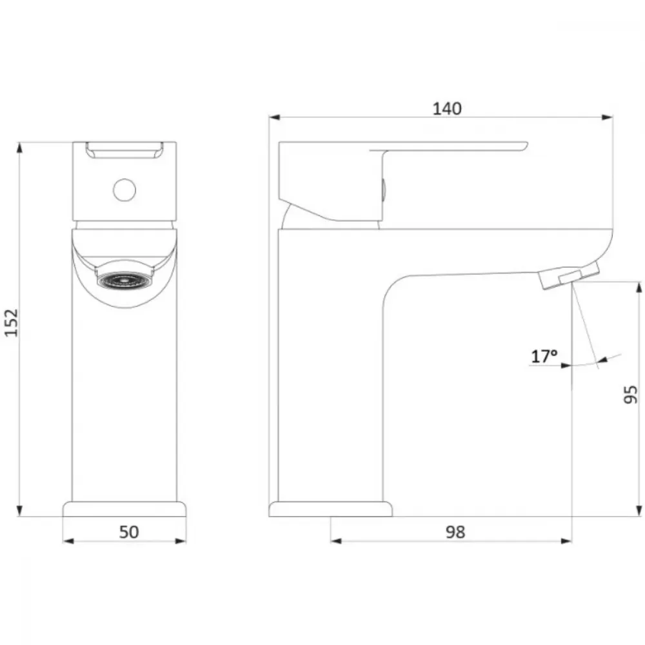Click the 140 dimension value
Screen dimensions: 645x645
(x=447, y=108)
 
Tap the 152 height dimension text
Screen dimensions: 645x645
(x=12, y=322)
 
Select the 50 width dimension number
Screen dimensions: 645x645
(x=129, y=532)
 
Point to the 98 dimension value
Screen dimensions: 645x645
(x=455, y=532)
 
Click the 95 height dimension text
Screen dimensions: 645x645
(x=630, y=395)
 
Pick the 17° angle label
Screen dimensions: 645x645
(x=544, y=356)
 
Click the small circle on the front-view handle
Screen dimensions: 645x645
(x=124, y=190)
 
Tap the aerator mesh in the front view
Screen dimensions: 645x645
(x=124, y=280)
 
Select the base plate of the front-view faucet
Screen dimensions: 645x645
(x=124, y=509)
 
